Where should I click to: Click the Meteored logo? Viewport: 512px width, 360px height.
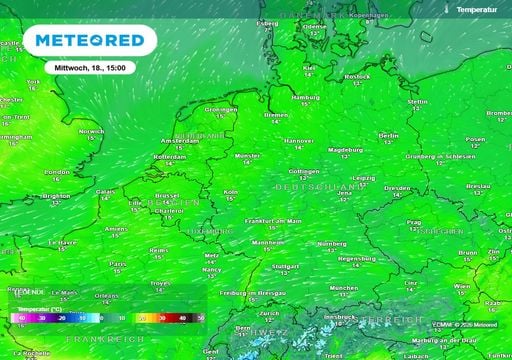tap(89, 41)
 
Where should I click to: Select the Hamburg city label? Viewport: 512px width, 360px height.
tap(306, 98)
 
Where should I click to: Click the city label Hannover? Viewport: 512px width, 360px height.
tap(298, 141)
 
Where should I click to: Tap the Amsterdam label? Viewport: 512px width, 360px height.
tap(194, 142)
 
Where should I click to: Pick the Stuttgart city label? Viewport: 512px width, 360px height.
tap(285, 267)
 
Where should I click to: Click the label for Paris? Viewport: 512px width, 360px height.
tap(118, 264)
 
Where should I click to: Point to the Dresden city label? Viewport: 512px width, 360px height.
tap(396, 187)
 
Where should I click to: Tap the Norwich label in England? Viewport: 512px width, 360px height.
tap(91, 131)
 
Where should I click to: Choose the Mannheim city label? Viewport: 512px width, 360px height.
tap(265, 242)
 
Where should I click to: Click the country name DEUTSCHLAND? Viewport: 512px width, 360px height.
tap(320, 188)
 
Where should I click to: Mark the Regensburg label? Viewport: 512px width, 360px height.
tap(356, 258)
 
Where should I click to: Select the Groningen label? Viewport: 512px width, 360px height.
tap(220, 109)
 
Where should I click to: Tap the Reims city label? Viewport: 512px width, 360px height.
tap(158, 250)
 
